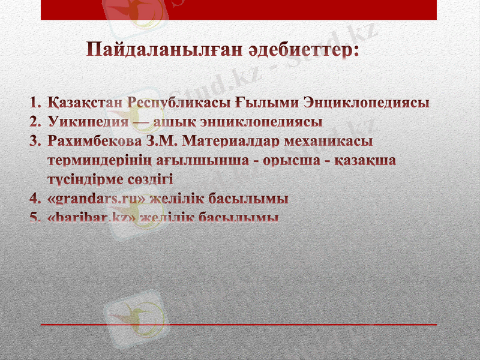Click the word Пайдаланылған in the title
[x=161, y=50]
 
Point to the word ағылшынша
[x=199, y=161]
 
